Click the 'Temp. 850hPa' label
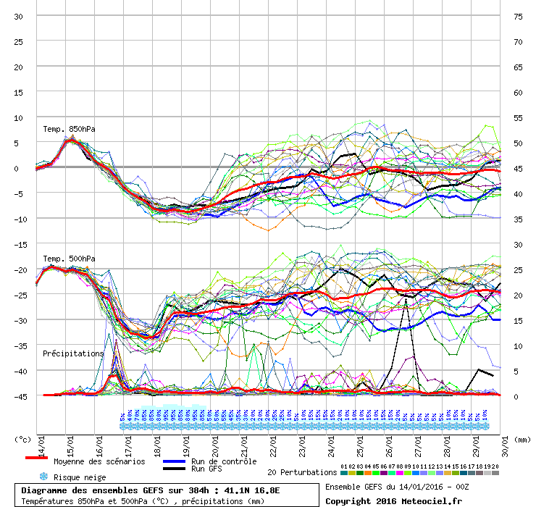[x=69, y=129]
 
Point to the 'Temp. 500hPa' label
[x=69, y=259]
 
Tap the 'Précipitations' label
[x=73, y=353]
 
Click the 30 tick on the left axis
[x=19, y=16]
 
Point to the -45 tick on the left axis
[x=19, y=396]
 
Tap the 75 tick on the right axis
[x=518, y=16]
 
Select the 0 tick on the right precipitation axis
[x=516, y=396]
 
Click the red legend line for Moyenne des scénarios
[x=36, y=459]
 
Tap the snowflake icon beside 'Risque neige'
[x=43, y=477]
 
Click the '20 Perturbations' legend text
[x=302, y=472]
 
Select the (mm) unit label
[x=523, y=439]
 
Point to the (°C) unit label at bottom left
[x=23, y=439]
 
